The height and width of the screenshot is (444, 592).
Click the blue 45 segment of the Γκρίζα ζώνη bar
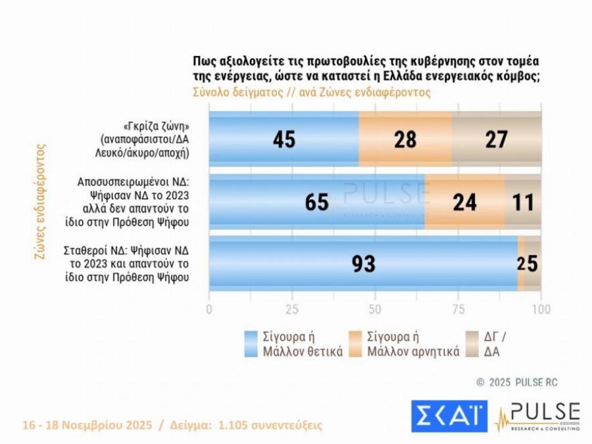point(284,139)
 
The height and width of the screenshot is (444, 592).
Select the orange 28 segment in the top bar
point(405,139)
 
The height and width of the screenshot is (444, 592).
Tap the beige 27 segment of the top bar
point(497,139)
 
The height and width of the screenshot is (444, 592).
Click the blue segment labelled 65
point(316,202)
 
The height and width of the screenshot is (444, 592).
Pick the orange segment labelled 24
point(465,202)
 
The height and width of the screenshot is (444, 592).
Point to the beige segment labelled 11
point(523,202)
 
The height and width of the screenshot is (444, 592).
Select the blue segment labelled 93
point(363,263)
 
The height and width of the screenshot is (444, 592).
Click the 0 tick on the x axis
point(209,310)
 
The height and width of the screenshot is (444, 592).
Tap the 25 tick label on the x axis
point(292,310)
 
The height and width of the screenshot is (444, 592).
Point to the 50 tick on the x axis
point(375,310)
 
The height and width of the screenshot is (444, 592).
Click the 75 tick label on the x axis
point(458,310)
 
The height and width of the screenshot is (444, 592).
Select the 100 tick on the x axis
point(541,310)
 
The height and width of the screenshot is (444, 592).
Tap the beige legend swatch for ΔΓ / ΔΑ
point(472,343)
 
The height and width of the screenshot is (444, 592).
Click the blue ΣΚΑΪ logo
point(449,416)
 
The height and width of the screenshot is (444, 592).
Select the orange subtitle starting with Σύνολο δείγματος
point(312,92)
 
